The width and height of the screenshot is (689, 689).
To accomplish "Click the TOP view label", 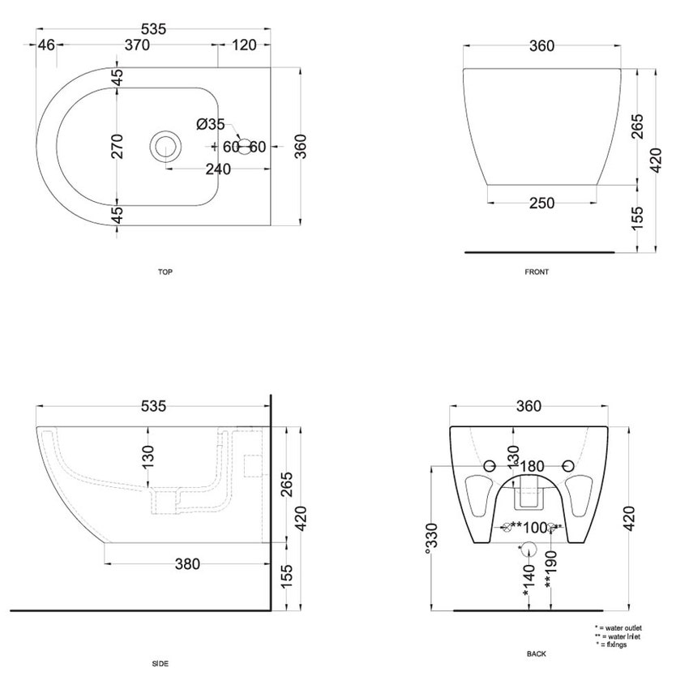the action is click(165, 272).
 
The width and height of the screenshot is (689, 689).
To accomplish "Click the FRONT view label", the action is click(537, 272).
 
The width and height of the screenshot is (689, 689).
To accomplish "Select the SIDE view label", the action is click(160, 664).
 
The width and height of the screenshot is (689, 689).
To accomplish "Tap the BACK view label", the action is click(536, 654).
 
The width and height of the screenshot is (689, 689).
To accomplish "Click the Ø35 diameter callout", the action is click(211, 124).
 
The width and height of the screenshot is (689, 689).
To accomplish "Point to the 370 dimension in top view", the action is click(137, 45).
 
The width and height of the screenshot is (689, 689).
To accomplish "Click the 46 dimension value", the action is click(46, 45).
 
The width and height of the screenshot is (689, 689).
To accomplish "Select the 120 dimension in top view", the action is click(244, 45).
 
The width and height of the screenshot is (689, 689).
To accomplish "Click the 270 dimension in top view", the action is click(117, 147).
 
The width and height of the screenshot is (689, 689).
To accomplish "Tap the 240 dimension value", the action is click(218, 169).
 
